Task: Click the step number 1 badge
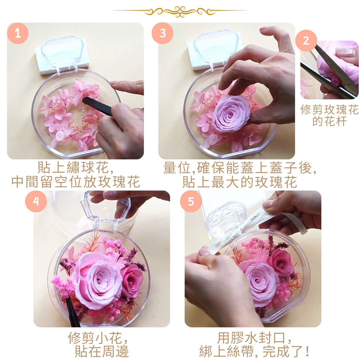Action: tap(18, 33)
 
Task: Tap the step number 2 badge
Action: tap(306, 40)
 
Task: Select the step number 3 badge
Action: tap(162, 33)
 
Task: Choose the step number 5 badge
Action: tap(191, 201)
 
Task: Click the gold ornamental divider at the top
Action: tap(180, 11)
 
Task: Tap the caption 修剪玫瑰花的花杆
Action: tap(329, 115)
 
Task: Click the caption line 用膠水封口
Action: tap(255, 338)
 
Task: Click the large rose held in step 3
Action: tap(231, 113)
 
